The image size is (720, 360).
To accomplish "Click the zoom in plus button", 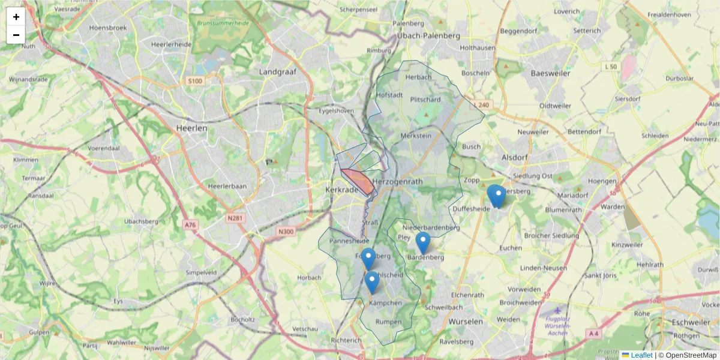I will (x=16, y=17).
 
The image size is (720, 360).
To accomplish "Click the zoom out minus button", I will (x=16, y=35).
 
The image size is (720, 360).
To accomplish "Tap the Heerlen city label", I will (x=191, y=128).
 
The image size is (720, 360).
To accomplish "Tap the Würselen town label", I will (x=466, y=322).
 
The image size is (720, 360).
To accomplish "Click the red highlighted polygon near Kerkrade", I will (x=359, y=181).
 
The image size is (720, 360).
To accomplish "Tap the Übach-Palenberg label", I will (x=428, y=36).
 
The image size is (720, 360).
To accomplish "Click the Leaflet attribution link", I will (x=641, y=355).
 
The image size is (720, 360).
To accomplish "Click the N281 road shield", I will (x=235, y=218).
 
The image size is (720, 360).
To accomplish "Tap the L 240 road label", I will (x=481, y=105).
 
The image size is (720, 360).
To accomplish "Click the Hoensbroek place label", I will (x=106, y=28).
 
